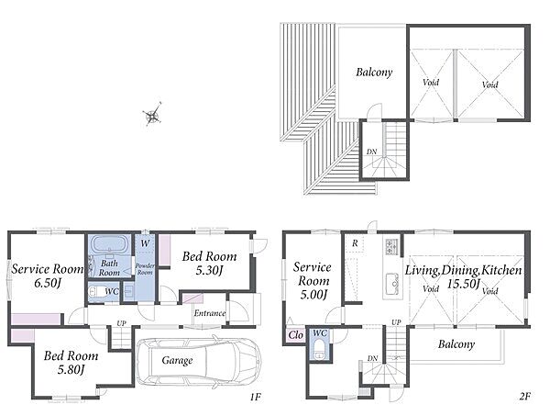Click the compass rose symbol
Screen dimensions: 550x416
pos(152,115)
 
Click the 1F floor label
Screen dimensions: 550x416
pos(256,397)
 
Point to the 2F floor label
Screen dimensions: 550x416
pos(525,397)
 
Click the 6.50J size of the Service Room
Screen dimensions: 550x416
pos(48,283)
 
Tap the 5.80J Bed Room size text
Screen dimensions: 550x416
pos(71,369)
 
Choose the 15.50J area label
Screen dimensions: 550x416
pos(463,284)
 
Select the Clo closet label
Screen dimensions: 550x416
pos(295,335)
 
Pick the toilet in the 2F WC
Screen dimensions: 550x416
pos(319,350)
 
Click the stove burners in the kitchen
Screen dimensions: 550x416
pos(391,247)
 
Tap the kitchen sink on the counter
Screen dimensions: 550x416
pos(392,285)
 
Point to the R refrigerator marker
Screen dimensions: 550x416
pos(355,243)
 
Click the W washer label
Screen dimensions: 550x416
pos(145,243)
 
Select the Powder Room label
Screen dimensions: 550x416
pos(145,269)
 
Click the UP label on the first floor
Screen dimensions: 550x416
pos(121,323)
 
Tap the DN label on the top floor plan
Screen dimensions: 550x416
pos(372,152)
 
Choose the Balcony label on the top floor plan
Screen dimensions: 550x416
pos(374,73)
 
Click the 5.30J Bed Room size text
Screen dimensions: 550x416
pos(209,270)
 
